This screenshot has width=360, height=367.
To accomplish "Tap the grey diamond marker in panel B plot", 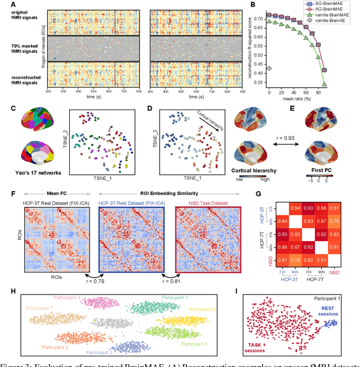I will [269, 69].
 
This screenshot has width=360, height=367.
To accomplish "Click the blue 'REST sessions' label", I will [330, 312].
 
